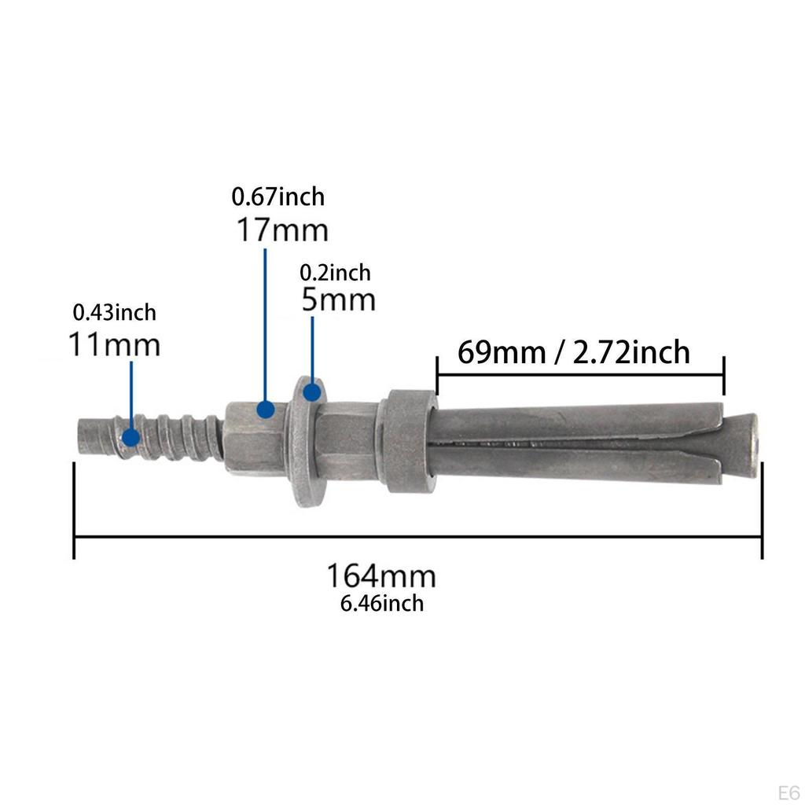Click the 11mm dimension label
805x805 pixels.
click(x=115, y=344)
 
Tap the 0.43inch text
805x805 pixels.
click(x=115, y=313)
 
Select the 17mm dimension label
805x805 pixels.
click(x=282, y=230)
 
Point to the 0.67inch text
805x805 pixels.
click(x=278, y=197)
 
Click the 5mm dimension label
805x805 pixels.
click(x=338, y=300)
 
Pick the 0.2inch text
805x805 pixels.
click(x=335, y=273)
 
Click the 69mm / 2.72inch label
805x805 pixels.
click(x=573, y=352)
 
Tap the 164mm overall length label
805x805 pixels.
click(x=381, y=576)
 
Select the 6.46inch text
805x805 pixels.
click(x=382, y=603)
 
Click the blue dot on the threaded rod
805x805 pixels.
click(x=131, y=437)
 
